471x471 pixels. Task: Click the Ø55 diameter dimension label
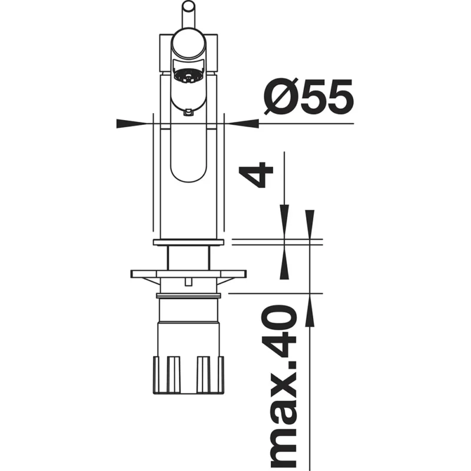[x=308, y=96]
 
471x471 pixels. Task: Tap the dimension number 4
[x=256, y=174]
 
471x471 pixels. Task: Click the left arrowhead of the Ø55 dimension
[x=131, y=123]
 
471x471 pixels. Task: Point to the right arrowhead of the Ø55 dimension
[x=244, y=123]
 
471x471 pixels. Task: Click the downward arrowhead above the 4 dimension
[x=284, y=222]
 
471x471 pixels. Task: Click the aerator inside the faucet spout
[x=188, y=76]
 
